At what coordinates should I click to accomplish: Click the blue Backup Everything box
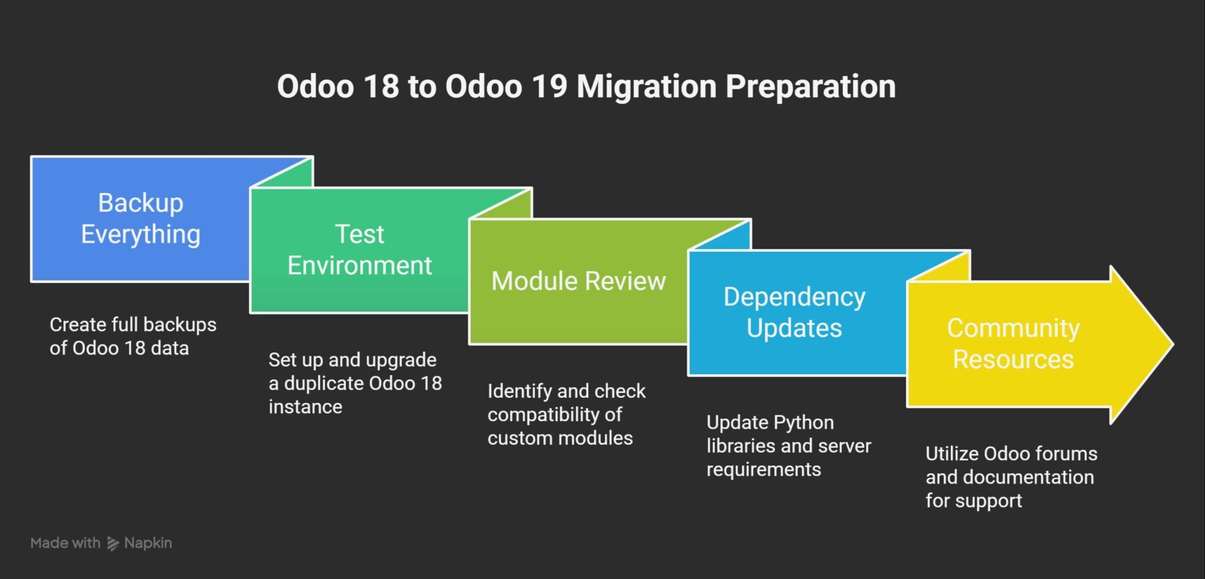140,218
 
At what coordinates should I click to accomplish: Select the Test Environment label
359,250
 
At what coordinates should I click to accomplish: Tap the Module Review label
578,281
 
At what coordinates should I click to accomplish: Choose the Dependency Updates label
794,312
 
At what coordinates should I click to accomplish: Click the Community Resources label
1013,344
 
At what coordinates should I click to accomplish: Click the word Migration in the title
645,86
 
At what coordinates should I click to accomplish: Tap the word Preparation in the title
810,86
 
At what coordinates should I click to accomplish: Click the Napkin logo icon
112,543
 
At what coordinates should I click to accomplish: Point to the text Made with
65,543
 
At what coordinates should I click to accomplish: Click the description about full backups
132,336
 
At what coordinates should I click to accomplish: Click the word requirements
763,470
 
